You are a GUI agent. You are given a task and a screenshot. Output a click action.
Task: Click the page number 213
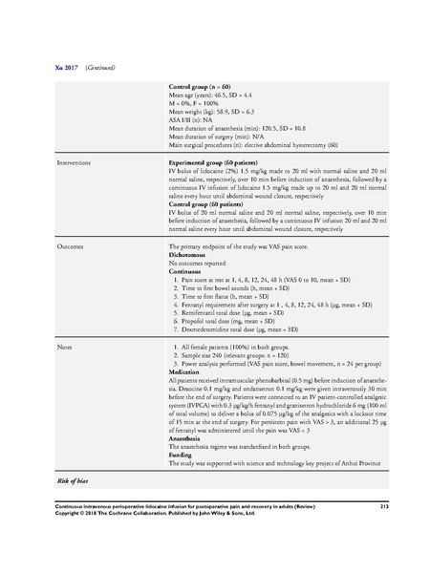coord(382,505)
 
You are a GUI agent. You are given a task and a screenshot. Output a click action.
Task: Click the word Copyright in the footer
coord(50,513)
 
